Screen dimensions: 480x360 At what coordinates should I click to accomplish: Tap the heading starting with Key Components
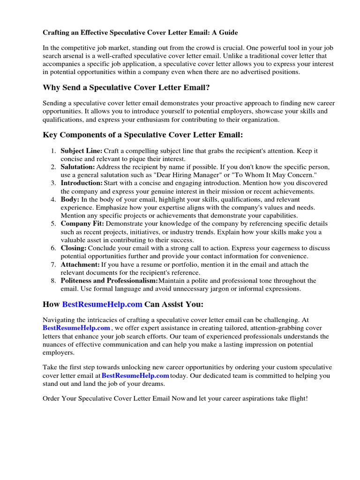click(x=143, y=135)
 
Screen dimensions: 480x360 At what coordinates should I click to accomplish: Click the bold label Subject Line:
click(x=82, y=151)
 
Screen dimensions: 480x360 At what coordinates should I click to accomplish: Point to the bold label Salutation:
click(x=78, y=167)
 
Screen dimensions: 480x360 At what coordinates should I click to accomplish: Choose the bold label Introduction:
click(x=82, y=183)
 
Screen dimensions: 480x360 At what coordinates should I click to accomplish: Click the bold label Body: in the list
click(x=70, y=200)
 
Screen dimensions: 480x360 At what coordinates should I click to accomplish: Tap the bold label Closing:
click(x=74, y=248)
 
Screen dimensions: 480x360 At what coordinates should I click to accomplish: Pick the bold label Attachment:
click(x=80, y=264)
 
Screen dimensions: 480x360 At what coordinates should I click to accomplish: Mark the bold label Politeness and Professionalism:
click(x=109, y=281)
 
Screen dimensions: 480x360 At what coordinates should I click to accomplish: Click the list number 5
click(x=53, y=224)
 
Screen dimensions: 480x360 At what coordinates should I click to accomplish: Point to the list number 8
click(x=53, y=281)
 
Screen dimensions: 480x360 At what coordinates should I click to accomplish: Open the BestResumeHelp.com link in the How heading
click(x=102, y=304)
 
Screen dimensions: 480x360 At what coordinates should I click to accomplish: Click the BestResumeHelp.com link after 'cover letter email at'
click(x=135, y=375)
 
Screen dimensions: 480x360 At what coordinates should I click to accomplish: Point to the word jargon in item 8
click(x=222, y=289)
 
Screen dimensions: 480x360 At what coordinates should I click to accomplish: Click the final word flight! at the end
click(x=297, y=398)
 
